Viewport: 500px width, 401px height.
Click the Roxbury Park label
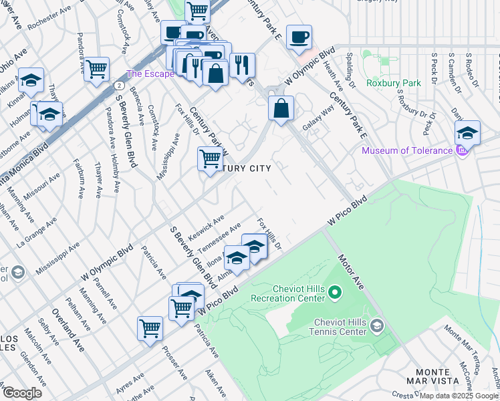pyautogui.click(x=394, y=84)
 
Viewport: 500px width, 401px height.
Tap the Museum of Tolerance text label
pyautogui.click(x=407, y=150)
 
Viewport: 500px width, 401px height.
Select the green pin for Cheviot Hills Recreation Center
pyautogui.click(x=336, y=292)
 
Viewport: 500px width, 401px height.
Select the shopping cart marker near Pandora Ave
pyautogui.click(x=97, y=69)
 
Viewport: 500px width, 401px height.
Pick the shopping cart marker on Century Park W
pyautogui.click(x=210, y=159)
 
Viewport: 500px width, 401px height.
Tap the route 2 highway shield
pyautogui.click(x=118, y=86)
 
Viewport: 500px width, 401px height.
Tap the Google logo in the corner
pyautogui.click(x=21, y=392)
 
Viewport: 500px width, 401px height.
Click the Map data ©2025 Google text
pyautogui.click(x=459, y=396)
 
